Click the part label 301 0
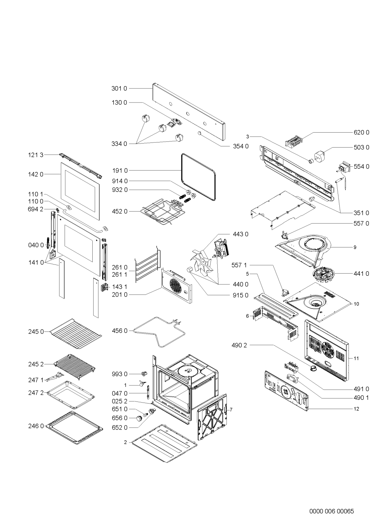point(119,89)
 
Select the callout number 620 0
point(361,132)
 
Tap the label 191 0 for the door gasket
point(119,170)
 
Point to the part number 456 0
point(119,330)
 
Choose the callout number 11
point(356,358)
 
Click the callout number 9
point(355,247)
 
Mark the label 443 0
point(241,234)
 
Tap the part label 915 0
point(241,295)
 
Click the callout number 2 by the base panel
point(125,442)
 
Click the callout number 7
point(231,409)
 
